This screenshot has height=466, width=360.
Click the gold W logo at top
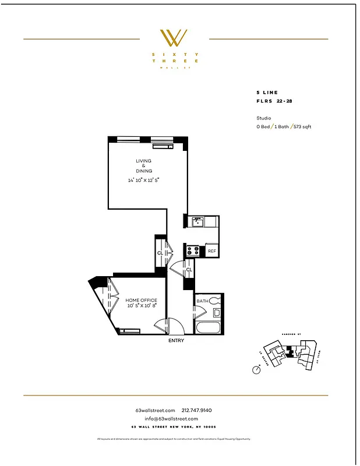174,38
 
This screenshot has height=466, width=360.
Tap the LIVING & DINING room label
144,165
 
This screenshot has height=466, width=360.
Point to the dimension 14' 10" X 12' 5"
144,180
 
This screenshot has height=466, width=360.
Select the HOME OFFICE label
142,301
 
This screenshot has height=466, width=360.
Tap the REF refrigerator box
212,251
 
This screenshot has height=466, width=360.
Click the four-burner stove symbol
193,251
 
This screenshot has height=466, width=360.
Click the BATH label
202,301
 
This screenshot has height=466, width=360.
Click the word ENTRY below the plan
176,341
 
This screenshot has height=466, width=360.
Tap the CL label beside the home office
160,253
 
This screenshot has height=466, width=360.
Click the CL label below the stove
189,270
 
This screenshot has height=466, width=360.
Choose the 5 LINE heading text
267,93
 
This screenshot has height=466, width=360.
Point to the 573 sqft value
301,126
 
